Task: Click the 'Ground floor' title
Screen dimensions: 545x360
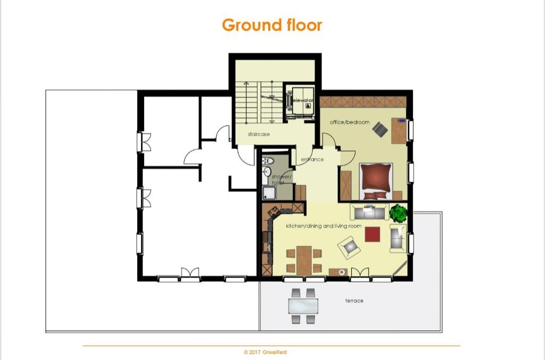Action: coord(272,25)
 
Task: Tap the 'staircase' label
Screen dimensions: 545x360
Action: coord(259,134)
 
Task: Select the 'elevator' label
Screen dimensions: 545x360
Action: coord(303,100)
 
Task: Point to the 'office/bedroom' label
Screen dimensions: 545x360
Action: coord(350,122)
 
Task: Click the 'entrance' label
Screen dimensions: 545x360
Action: coord(312,159)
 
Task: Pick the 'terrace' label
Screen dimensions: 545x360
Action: coord(354,300)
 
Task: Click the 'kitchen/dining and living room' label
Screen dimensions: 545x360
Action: coord(324,226)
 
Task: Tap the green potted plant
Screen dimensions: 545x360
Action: coord(398,213)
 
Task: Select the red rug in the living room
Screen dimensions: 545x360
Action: coord(372,234)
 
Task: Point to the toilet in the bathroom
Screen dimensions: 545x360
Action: coord(268,160)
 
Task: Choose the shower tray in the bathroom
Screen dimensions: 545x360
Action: coord(269,193)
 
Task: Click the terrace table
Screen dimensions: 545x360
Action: coord(303,306)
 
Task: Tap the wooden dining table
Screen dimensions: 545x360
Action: coord(304,260)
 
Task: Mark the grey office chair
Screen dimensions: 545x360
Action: coord(380,129)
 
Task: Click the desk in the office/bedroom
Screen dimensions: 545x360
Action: coord(399,131)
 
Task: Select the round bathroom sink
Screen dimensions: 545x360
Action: coord(267,172)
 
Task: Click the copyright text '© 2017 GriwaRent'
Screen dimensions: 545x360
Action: coord(265,352)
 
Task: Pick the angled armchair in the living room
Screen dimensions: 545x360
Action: coord(349,247)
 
